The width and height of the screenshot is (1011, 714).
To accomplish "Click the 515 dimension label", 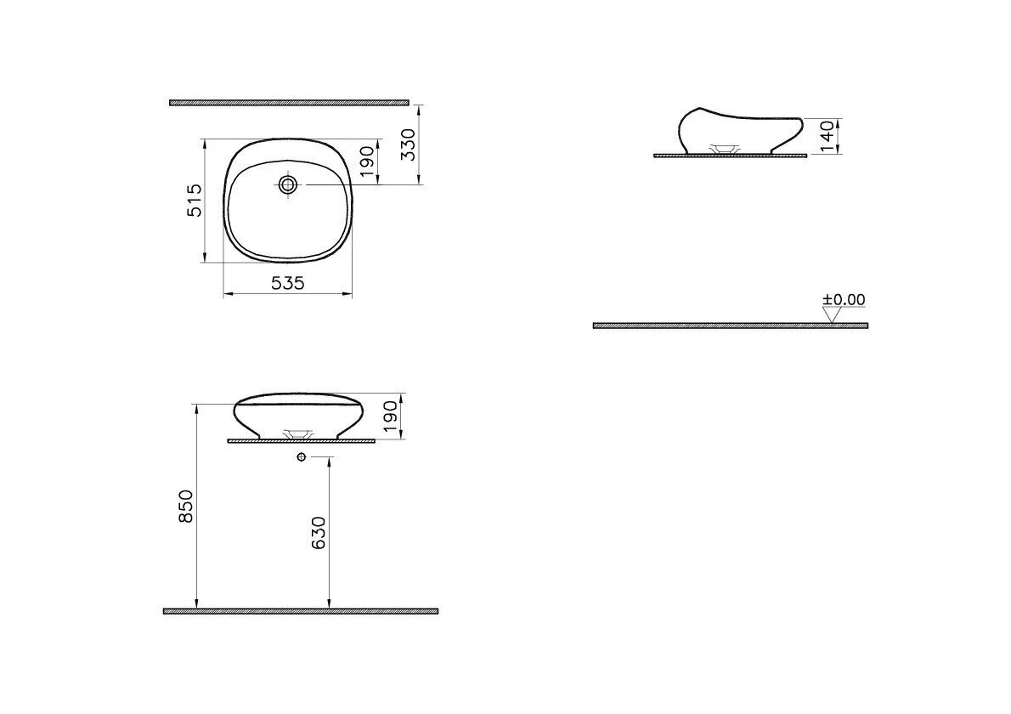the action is [x=195, y=201].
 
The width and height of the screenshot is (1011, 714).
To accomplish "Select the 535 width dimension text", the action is [x=287, y=282].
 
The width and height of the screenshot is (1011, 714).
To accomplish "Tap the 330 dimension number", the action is [x=409, y=145].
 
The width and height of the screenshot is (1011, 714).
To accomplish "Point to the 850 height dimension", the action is [x=186, y=507].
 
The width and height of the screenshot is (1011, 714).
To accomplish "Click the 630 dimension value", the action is [x=319, y=533].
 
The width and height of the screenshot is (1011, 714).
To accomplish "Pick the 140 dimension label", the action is [x=827, y=136].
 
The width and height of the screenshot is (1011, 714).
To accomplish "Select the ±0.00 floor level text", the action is [x=844, y=299].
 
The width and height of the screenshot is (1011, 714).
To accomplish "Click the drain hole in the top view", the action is [x=287, y=185].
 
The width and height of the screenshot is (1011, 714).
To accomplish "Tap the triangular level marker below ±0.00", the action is [x=833, y=314].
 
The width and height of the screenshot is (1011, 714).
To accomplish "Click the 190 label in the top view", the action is [x=366, y=161].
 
